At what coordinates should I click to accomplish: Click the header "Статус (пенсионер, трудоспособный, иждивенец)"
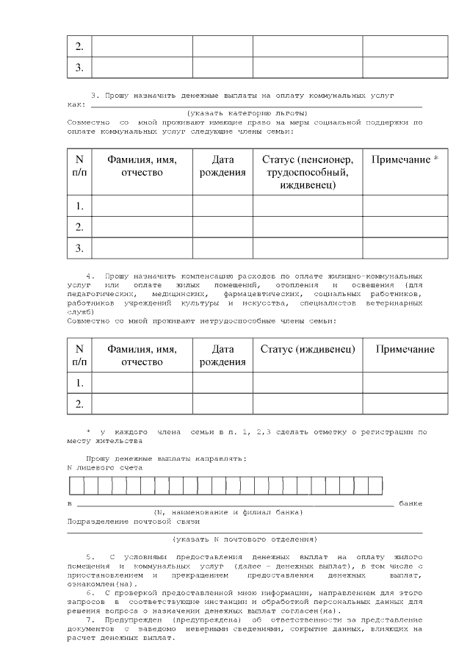[308, 172]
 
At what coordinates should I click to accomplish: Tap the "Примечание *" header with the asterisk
[405, 159]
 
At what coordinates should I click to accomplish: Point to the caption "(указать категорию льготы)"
[247, 112]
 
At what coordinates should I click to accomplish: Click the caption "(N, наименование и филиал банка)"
[227, 511]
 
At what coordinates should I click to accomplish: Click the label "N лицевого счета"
[104, 467]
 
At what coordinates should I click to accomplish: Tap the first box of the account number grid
[75, 486]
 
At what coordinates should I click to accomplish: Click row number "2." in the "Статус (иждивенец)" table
[79, 403]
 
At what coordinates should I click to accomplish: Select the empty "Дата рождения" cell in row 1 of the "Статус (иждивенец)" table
[223, 382]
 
